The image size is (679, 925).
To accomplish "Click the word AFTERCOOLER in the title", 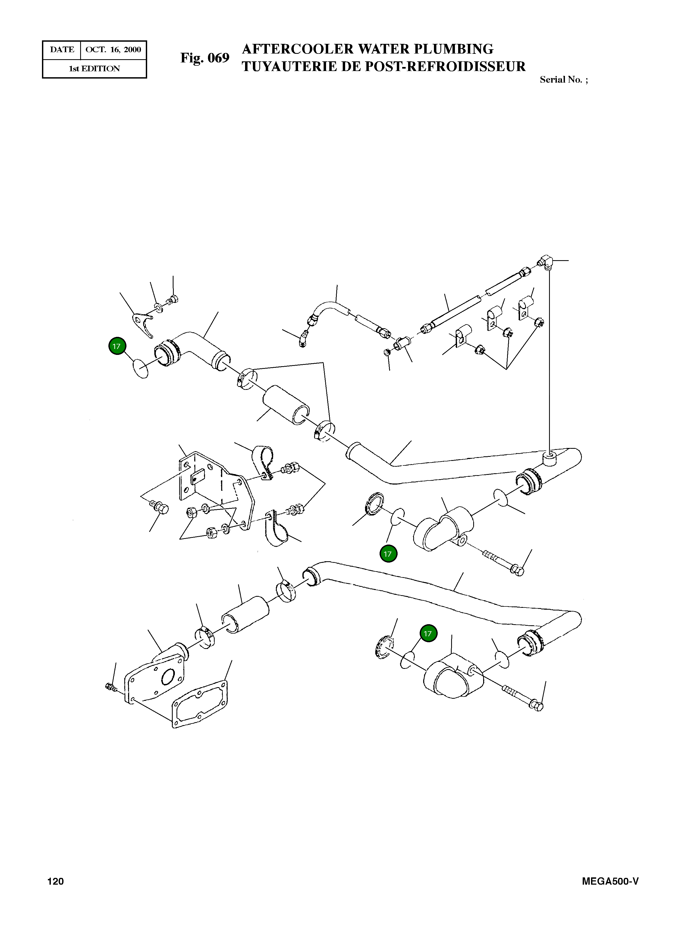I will [x=298, y=49].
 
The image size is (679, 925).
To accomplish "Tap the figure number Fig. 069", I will [x=205, y=58].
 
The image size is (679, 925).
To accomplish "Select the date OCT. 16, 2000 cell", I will [x=113, y=50].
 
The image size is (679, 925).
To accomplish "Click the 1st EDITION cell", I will [x=94, y=69].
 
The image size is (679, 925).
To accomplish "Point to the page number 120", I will [x=55, y=881].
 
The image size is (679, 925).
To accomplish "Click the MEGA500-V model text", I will [x=610, y=881].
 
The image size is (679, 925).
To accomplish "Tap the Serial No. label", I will [x=563, y=80].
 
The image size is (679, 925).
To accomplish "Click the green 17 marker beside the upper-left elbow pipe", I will [x=117, y=346].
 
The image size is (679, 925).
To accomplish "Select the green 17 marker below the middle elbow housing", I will [x=388, y=554].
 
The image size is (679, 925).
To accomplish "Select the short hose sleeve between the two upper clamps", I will [x=286, y=405].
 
